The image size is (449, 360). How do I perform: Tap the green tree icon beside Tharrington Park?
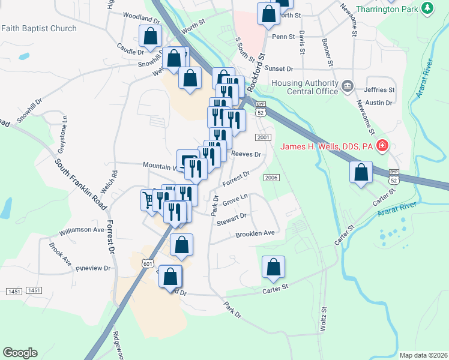pyautogui.click(x=427, y=8)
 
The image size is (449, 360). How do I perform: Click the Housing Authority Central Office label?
pyautogui.click(x=306, y=87)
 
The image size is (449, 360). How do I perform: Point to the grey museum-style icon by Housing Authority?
pyautogui.click(x=347, y=87)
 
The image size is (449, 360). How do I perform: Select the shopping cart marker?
pyautogui.click(x=148, y=199)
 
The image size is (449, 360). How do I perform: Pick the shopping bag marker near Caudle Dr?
pyautogui.click(x=149, y=35)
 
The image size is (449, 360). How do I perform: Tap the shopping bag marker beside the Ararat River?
pyautogui.click(x=361, y=172)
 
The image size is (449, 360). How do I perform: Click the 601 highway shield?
pyautogui.click(x=149, y=263)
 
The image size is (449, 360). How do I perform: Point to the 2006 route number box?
pyautogui.click(x=271, y=177)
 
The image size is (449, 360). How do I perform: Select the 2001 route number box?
pyautogui.click(x=262, y=137)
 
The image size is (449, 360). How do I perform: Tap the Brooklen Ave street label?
pyautogui.click(x=255, y=233)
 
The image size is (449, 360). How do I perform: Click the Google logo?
pyautogui.click(x=20, y=353)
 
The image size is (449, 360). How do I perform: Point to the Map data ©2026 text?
pyautogui.click(x=423, y=355)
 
